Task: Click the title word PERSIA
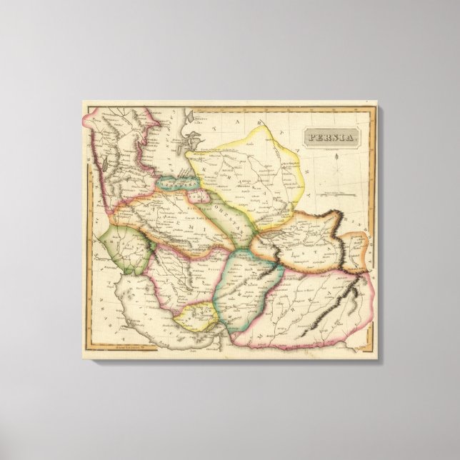[x=330, y=137]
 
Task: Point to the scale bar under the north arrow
[x=339, y=192]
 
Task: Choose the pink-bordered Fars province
[x=171, y=275]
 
